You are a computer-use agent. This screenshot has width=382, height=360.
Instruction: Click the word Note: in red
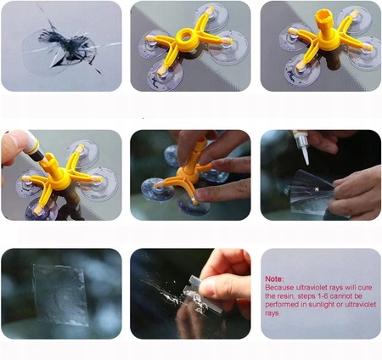pos(274,278)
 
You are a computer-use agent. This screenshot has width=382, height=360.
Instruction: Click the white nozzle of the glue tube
pos(305,155)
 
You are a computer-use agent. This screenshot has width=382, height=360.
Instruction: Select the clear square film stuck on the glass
pos(60,295)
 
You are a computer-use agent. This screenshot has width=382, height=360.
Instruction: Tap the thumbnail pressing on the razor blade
pos(207,287)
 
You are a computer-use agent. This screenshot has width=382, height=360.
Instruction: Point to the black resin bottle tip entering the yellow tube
pos(39,155)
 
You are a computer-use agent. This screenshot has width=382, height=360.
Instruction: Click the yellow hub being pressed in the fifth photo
pos(188,175)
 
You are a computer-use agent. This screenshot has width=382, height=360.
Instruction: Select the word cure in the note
pos(365,288)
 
